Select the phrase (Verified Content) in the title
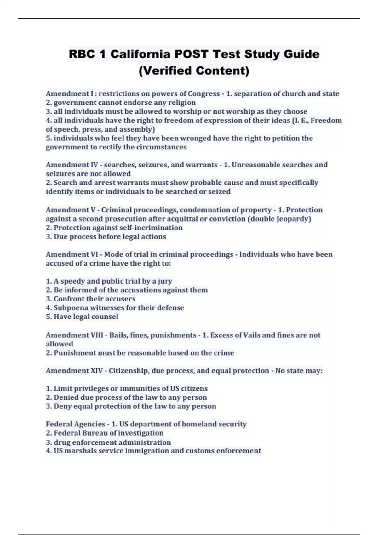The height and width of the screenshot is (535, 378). pos(194,70)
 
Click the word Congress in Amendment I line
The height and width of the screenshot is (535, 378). pos(203,94)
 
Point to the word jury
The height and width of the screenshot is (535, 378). pos(165,281)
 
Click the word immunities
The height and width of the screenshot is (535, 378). pos(144,388)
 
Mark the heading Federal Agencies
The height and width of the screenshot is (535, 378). pos(75,424)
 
